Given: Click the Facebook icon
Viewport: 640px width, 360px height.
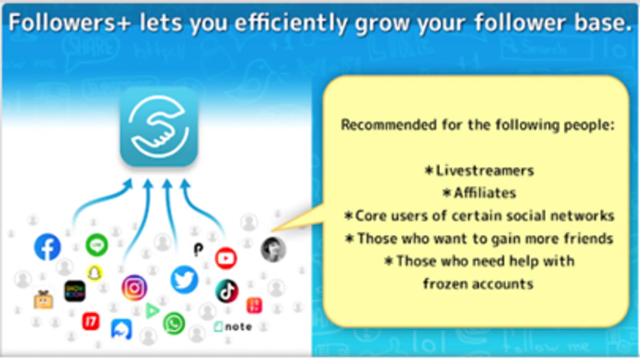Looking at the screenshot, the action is (47, 247).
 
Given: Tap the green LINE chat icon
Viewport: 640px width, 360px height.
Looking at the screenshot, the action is (97, 245).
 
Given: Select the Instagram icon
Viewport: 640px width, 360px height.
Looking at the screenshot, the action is (134, 288).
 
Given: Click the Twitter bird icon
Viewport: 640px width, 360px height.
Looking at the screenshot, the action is (184, 280).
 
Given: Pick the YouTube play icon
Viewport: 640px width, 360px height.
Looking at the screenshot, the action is (226, 258).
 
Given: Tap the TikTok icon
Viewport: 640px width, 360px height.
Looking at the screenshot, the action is (227, 291).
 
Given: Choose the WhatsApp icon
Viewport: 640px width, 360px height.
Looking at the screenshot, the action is (174, 324).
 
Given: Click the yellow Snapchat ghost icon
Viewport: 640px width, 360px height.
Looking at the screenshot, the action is (94, 273).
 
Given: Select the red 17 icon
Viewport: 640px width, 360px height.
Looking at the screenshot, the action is (91, 321).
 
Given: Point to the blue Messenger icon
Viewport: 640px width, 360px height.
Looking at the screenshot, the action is (121, 330).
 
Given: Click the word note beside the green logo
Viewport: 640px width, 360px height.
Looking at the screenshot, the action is (239, 326).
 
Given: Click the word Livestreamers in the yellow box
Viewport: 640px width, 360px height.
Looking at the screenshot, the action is (485, 171).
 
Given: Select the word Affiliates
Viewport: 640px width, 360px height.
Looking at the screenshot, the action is (485, 193).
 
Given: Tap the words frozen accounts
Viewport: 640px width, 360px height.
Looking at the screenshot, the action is (478, 284).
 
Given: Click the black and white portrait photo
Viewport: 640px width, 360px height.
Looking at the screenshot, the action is (273, 250).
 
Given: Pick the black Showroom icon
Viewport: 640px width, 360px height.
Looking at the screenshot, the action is (75, 291).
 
